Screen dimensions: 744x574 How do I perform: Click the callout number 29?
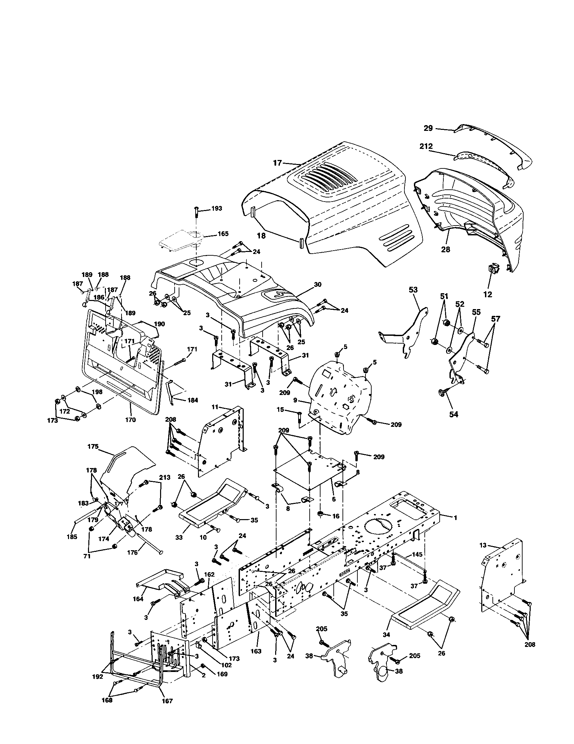coord(428,128)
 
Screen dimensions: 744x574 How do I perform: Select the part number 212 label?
coord(426,146)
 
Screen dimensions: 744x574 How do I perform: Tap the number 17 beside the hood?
coord(278,163)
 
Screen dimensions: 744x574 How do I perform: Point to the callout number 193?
coord(217,208)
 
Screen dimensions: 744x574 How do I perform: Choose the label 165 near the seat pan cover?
coord(223,234)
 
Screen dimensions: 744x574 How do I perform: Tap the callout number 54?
coord(454,414)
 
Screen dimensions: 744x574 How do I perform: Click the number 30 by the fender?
coord(317,284)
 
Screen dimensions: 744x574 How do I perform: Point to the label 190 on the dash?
coord(159,324)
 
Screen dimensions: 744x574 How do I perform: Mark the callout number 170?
coord(130,420)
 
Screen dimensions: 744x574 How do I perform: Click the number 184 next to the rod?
coord(192,400)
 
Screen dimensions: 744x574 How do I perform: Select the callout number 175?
coord(93,446)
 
